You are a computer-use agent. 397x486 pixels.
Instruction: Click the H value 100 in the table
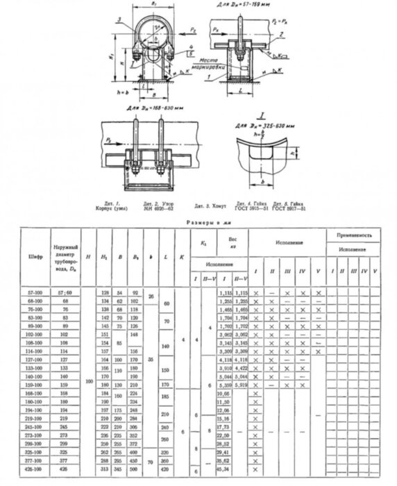[x=87, y=381]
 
